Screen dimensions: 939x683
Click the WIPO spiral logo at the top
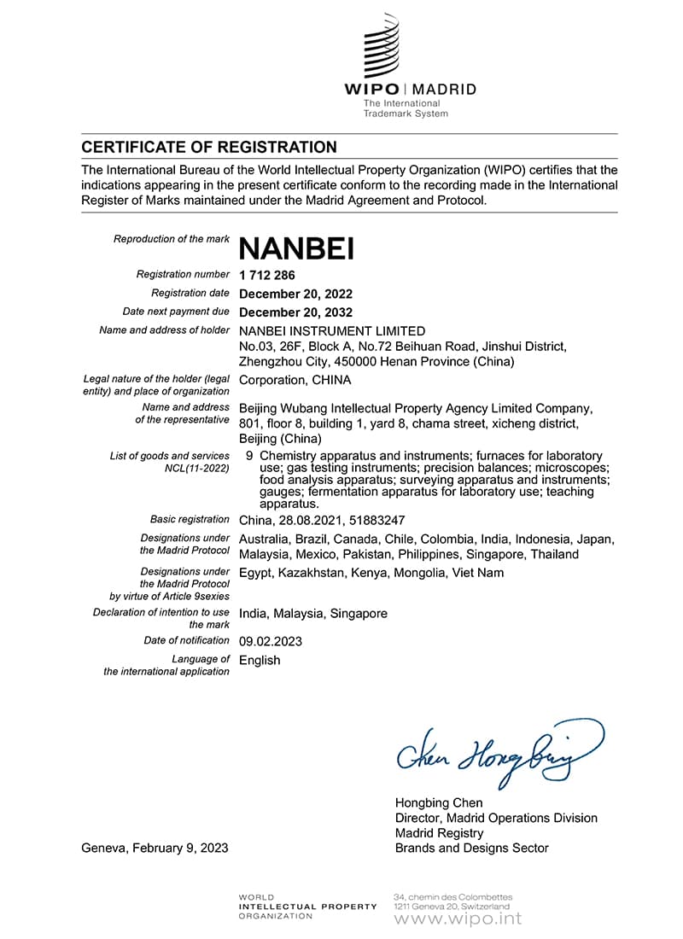coord(382,46)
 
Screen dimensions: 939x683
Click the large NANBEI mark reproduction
coord(296,248)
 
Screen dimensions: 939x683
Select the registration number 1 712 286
coord(267,275)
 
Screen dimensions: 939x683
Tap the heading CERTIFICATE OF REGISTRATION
coord(209,147)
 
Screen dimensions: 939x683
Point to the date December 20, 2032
coord(295,312)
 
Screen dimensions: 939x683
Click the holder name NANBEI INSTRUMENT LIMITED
coord(332,331)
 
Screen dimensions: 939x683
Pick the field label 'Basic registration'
coord(190,519)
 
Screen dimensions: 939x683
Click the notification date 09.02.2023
coord(271,641)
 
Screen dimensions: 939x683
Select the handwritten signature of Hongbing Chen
coord(499,750)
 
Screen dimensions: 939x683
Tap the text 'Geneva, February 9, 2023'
coord(155,848)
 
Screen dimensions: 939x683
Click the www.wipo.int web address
coord(458,919)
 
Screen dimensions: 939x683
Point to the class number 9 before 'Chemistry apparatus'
coord(248,456)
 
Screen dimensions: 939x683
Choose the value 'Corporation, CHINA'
coord(295,380)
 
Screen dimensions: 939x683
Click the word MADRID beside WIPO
coord(447,90)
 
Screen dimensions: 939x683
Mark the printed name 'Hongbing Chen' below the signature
coord(439,802)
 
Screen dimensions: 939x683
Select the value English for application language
coord(260,660)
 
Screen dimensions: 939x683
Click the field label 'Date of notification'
coord(187,640)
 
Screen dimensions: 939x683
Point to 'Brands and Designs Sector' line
coord(471,848)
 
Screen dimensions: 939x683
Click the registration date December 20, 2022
coord(295,294)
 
